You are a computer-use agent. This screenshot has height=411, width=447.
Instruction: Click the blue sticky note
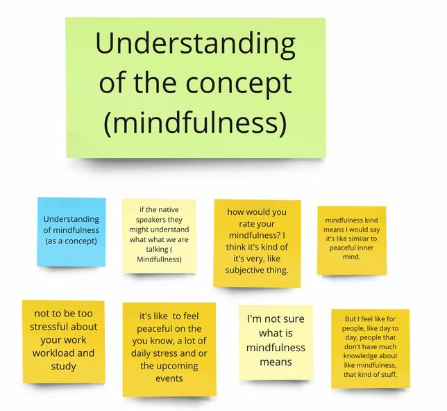pos(71,231)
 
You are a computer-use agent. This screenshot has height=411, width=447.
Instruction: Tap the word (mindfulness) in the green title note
pos(194,123)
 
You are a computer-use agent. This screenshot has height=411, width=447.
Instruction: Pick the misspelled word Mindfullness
pos(159,259)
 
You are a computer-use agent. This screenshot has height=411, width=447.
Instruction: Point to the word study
pos(63,366)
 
